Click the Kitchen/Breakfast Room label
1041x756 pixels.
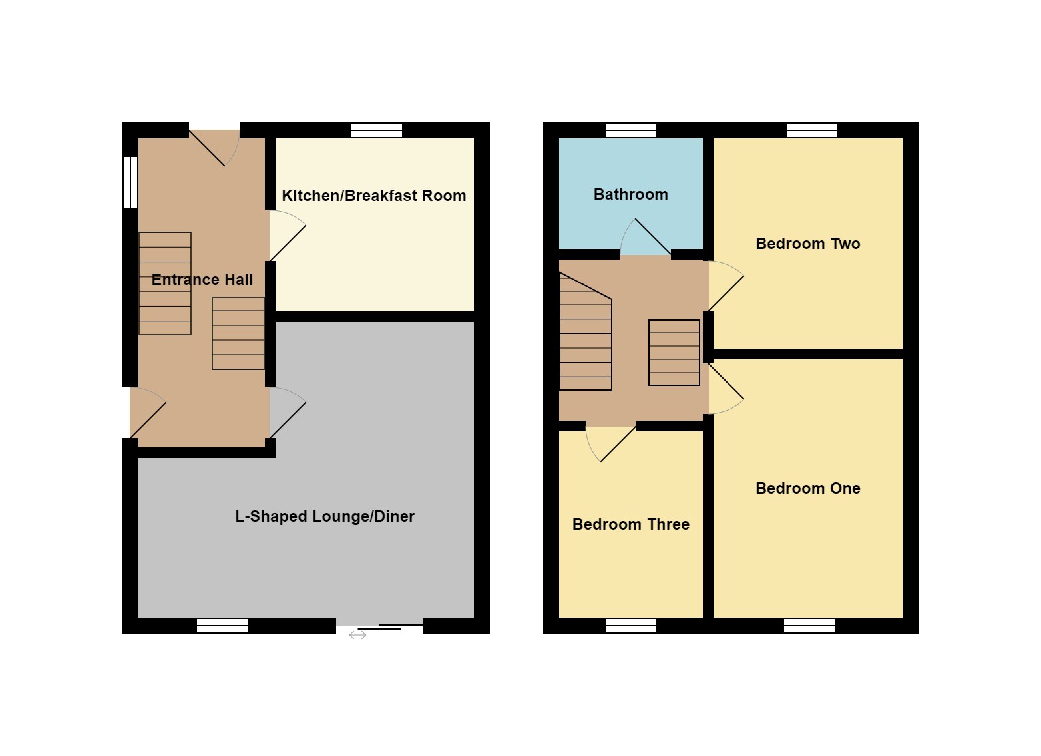pos(373,196)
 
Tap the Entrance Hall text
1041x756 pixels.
pos(202,280)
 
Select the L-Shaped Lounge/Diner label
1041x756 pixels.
pos(325,516)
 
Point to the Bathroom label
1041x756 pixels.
pos(630,194)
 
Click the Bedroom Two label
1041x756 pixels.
pos(807,244)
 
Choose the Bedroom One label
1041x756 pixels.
pos(807,488)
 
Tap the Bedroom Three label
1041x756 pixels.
pos(630,524)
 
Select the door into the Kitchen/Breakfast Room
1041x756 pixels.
pos(286,236)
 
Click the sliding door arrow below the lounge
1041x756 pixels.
pos(357,636)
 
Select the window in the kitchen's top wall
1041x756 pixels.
pos(377,130)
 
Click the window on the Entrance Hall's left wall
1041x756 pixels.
pos(130,182)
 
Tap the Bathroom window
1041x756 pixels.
pos(630,130)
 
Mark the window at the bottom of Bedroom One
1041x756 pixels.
pos(809,626)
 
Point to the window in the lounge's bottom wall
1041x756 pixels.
pos(222,626)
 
